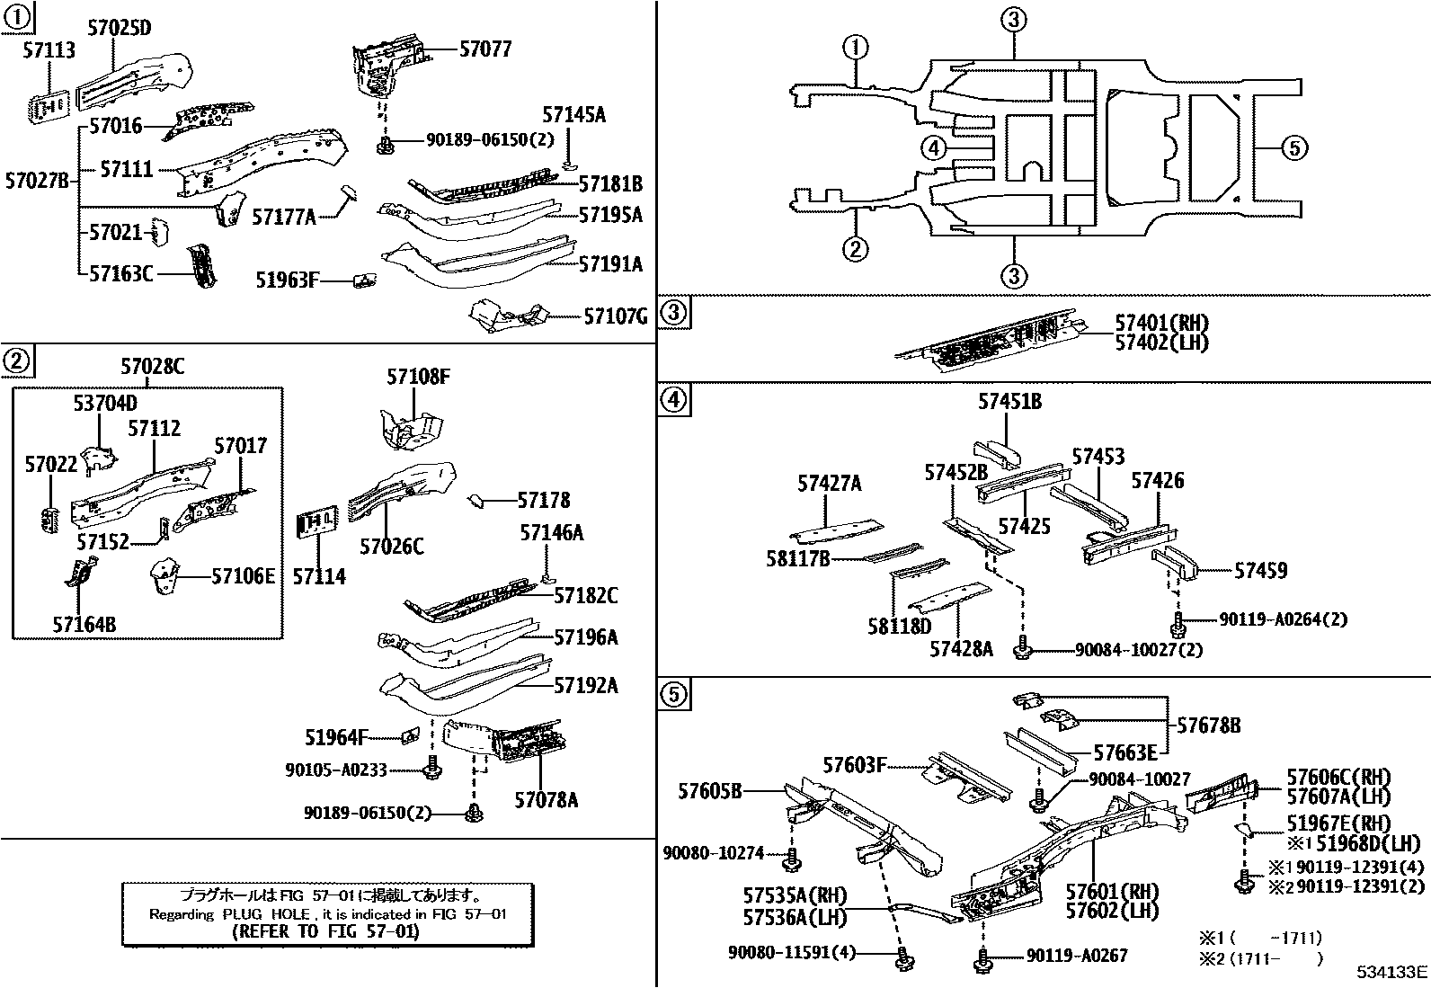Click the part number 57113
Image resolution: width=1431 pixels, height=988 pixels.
pos(49,51)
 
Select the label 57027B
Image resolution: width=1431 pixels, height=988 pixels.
pos(36,181)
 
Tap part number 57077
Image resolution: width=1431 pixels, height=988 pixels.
pos(484,49)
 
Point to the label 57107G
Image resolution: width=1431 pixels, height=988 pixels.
pos(615,316)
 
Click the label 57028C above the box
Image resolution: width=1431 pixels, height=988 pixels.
pos(153,367)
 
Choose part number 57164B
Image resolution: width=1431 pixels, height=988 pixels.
pos(84,624)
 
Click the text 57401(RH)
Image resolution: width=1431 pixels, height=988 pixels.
pos(1161,324)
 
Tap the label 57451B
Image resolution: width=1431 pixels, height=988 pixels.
pos(1009,402)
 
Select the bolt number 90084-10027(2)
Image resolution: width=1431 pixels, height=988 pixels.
pos(1138,649)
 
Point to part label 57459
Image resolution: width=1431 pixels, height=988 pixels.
pos(1260,571)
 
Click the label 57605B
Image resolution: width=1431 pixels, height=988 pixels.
pos(710,791)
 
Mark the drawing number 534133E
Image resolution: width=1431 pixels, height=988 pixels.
pos(1391,972)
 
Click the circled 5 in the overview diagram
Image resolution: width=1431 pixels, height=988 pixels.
pos(1293,147)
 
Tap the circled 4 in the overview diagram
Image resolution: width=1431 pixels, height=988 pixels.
pos(934,148)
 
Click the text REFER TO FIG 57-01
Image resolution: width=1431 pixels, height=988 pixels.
pos(324,931)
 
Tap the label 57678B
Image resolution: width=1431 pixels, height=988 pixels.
pos(1208,725)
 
